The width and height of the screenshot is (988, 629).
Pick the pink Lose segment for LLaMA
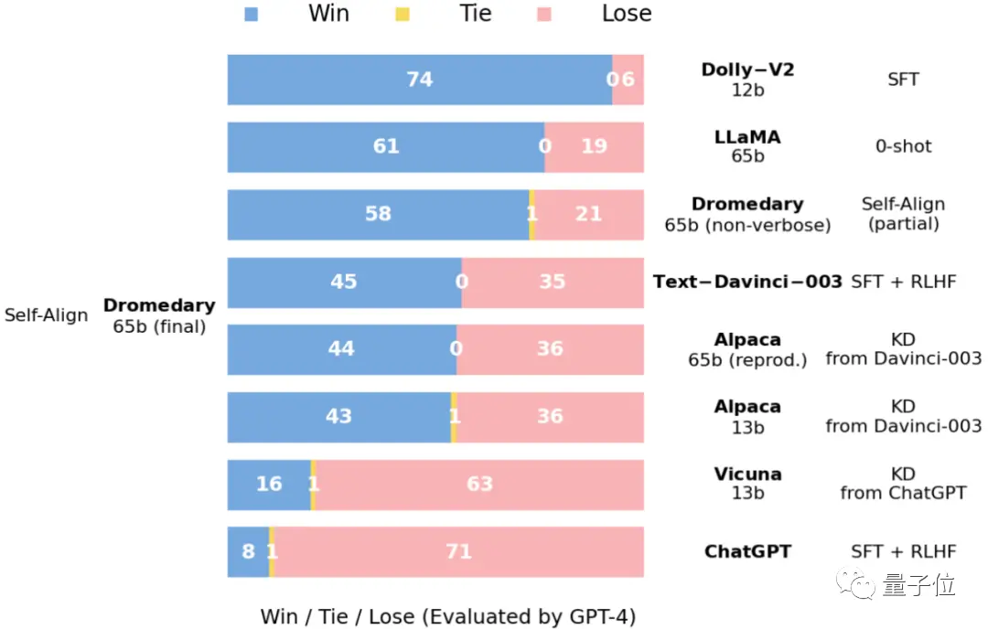(x=596, y=147)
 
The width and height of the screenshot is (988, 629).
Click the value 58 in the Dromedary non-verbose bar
(x=378, y=214)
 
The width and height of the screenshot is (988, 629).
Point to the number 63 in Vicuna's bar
(x=480, y=484)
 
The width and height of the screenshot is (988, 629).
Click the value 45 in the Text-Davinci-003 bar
(x=343, y=282)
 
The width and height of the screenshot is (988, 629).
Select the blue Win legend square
(x=252, y=15)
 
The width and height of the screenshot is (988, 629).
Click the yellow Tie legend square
(x=403, y=15)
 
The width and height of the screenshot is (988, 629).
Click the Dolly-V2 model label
(x=747, y=70)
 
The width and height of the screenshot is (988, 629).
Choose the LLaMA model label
(x=747, y=138)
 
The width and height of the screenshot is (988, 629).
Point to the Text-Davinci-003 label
(x=747, y=282)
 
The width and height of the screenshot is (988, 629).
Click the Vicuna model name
(x=747, y=474)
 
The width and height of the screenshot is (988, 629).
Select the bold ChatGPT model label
(x=747, y=552)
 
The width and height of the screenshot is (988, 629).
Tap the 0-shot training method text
(x=903, y=147)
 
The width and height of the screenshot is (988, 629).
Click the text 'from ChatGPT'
(x=903, y=494)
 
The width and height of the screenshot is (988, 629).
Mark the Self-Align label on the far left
(x=47, y=316)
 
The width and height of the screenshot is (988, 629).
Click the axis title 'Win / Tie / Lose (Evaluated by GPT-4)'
(x=447, y=616)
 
